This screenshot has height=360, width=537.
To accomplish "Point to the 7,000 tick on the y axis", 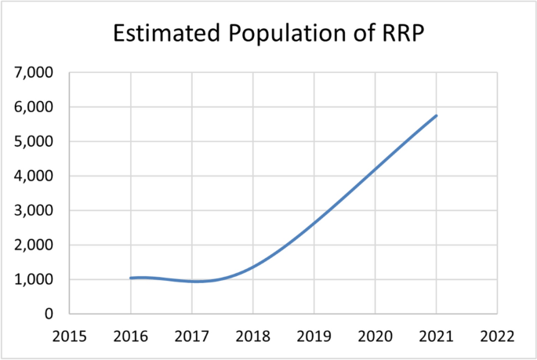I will point(34,73).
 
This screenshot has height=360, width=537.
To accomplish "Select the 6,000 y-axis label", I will point(34,107).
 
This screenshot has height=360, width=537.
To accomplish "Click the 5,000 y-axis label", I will point(34,142).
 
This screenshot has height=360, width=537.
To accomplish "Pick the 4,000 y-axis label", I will point(34,176).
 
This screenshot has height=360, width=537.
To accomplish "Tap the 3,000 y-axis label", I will point(34,211).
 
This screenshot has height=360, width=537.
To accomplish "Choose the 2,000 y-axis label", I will point(34,245).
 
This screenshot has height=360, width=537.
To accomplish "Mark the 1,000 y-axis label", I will point(34,280).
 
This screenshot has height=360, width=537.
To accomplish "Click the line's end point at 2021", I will point(437,115).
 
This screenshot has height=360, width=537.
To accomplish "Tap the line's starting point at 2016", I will point(130,278).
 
